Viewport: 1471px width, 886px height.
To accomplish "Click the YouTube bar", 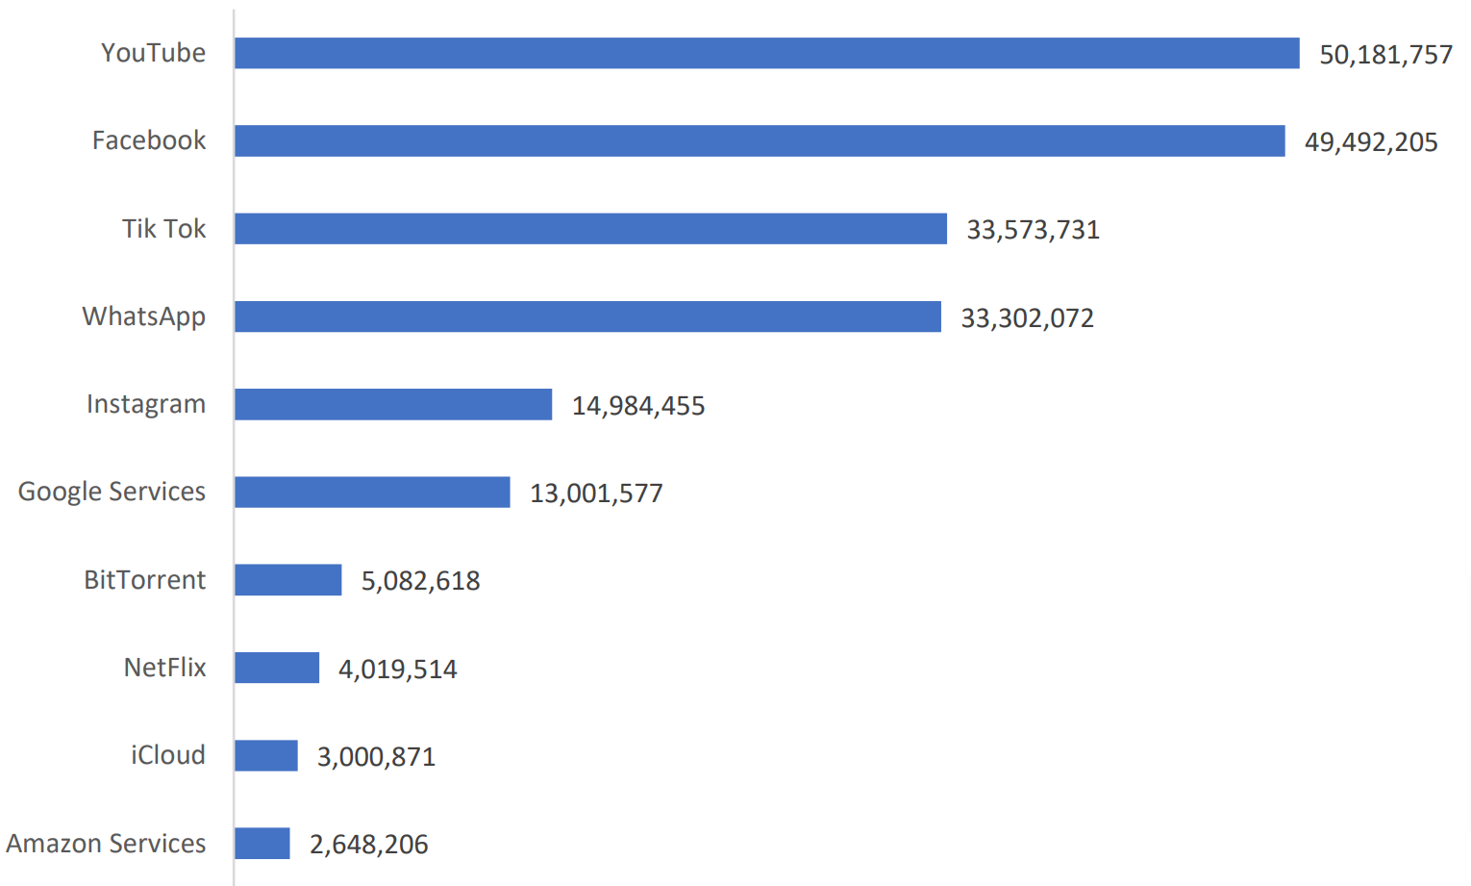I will click(766, 53).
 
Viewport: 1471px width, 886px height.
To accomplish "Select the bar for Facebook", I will click(760, 140).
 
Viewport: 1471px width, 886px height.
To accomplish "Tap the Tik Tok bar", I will click(590, 229).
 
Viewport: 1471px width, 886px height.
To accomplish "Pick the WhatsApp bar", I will click(587, 316).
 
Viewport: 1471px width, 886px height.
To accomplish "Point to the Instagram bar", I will click(393, 404).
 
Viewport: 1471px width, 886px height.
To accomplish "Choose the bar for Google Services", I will click(372, 492).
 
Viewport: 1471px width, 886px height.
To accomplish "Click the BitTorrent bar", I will click(287, 580).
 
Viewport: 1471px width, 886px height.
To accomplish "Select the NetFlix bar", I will click(277, 668).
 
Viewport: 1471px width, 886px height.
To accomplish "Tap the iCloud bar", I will click(266, 755).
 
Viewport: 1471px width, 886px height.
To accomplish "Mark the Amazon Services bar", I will click(262, 844).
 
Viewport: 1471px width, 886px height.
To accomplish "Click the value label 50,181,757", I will click(1385, 55).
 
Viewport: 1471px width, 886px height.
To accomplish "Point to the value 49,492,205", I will click(1371, 142).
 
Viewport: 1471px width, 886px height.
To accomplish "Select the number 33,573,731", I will click(1033, 230).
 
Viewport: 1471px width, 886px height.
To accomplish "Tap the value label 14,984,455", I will click(638, 406).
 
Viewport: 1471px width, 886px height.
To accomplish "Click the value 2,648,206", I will click(368, 845).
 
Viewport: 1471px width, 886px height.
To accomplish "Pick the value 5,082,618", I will click(420, 581).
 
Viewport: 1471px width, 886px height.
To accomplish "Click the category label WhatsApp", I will click(144, 316).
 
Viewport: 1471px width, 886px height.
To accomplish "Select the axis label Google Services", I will click(112, 492).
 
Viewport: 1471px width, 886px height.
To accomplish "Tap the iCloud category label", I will click(168, 755).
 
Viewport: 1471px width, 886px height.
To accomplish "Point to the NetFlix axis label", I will click(164, 668).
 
